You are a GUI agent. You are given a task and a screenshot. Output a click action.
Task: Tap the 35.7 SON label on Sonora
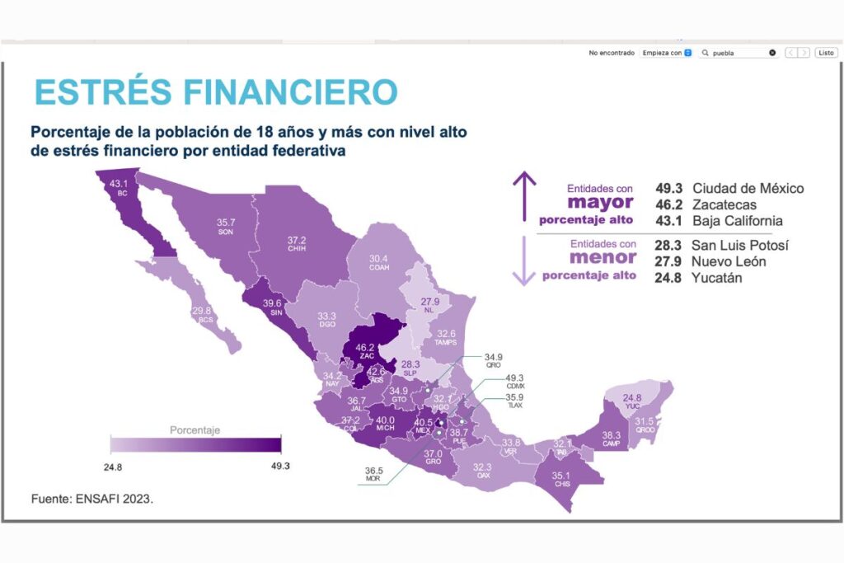[x=226, y=227]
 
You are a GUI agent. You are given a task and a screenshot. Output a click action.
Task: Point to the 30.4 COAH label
[x=380, y=262]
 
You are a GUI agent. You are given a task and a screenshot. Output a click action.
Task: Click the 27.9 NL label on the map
[x=431, y=306]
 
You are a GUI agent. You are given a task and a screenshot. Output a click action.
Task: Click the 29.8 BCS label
[x=202, y=314]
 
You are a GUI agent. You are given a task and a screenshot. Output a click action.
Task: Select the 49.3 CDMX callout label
[x=515, y=381]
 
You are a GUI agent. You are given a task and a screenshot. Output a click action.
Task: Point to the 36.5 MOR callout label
[x=373, y=476]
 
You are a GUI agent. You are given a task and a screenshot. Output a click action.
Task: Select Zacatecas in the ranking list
[x=724, y=204]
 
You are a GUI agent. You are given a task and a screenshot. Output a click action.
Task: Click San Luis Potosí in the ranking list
[x=740, y=246]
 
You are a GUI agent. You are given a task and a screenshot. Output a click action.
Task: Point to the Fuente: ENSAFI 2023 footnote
[x=91, y=499]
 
